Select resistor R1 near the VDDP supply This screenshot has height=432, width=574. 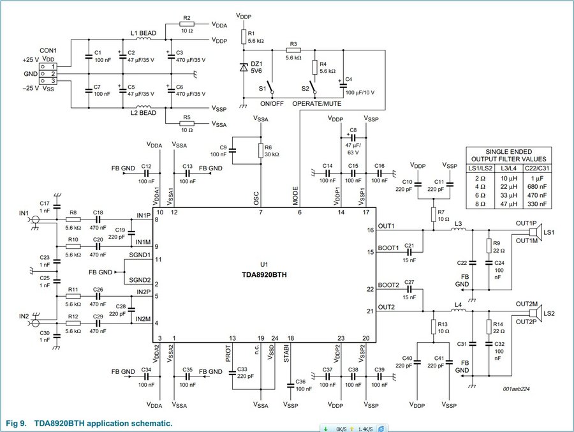coord(242,34)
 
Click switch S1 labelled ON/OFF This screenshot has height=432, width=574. coord(271,88)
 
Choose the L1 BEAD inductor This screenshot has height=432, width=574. coord(144,39)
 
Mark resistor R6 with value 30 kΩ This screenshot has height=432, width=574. coord(260,151)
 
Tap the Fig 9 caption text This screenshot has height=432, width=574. coord(89,424)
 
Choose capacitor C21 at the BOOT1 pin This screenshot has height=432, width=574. coord(409,252)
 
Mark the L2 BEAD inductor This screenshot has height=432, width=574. coord(144,107)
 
